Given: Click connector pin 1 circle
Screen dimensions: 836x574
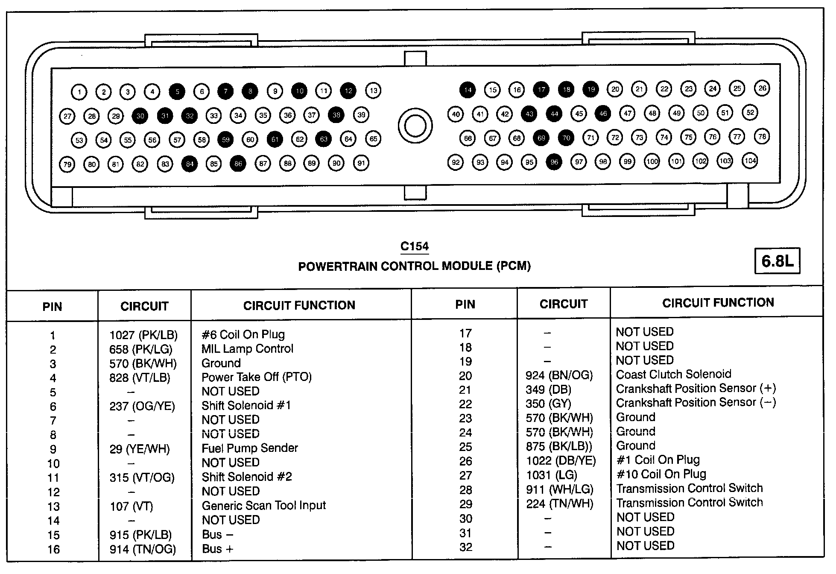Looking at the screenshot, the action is pos(79,91).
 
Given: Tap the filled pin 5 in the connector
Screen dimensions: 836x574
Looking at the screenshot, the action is pos(177,91).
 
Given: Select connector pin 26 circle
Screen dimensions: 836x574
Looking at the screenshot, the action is pos(762,88).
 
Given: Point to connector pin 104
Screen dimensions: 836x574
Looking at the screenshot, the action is pos(750,161).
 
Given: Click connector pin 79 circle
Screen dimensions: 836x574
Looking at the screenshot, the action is pos(67,164).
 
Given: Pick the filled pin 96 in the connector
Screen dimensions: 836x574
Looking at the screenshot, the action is pos(554,162).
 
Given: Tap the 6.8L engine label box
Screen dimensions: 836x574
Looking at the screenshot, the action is pos(777,261).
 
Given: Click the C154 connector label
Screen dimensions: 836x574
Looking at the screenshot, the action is pos(414,246).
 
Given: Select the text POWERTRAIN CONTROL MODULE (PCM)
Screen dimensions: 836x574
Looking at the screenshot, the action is pos(414,266).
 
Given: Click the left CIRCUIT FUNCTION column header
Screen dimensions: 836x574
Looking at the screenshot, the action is pos(299,305).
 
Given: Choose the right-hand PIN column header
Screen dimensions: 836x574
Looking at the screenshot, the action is pos(465,305).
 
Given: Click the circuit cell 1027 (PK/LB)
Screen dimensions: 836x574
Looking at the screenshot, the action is pos(143,335).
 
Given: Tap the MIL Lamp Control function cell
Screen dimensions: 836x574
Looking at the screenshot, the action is pos(247,349).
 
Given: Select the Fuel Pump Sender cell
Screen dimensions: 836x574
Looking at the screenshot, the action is pos(250,448).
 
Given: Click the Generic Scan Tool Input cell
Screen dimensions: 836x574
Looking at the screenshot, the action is pos(263,506).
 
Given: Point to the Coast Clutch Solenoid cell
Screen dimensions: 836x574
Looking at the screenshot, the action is pos(673,375).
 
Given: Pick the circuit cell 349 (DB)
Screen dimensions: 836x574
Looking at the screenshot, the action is pos(548,389).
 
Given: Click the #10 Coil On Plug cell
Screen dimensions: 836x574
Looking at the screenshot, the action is pos(661,474).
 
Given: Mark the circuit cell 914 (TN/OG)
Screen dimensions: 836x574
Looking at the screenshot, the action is pos(143,549).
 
